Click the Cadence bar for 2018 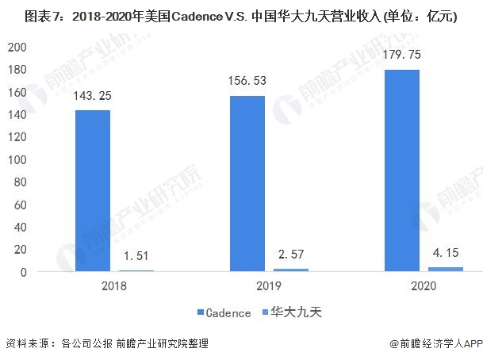pos(93,190)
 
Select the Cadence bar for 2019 pos(247,183)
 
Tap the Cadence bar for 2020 pos(401,170)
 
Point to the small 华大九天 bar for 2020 pos(445,270)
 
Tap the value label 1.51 pos(136,256)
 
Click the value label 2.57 pos(291,255)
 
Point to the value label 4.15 pos(446,254)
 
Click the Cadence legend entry pos(224,312)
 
